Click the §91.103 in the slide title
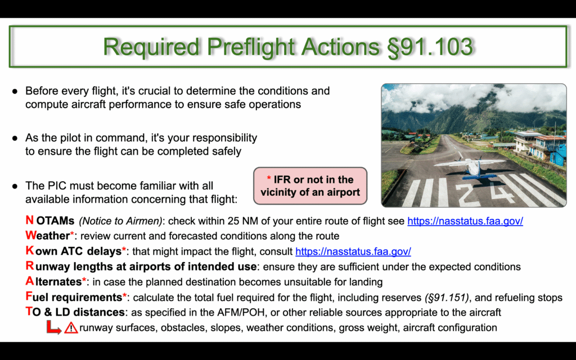[430, 47]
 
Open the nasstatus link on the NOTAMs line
[465, 221]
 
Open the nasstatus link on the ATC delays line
[353, 251]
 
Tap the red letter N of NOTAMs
[29, 220]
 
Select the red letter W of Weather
[31, 236]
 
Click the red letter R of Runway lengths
[29, 266]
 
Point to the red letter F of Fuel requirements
[29, 296]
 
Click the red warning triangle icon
[71, 327]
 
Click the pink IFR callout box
[310, 186]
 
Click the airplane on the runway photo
[470, 168]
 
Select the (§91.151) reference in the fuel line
[446, 297]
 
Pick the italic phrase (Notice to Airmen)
[120, 221]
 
